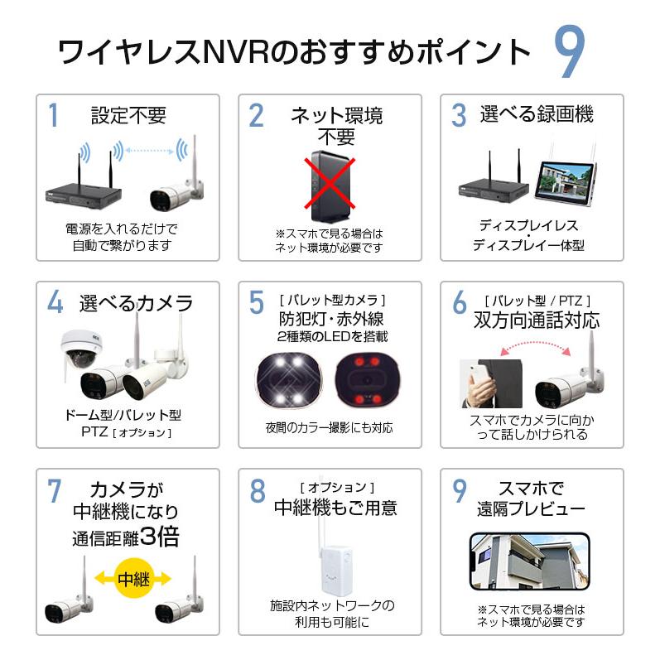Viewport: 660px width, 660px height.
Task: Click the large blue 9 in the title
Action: coord(569,51)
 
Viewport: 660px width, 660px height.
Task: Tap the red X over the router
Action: coord(330,184)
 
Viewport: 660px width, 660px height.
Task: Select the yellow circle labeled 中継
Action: coord(134,578)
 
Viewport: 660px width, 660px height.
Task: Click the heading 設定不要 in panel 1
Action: coord(128,115)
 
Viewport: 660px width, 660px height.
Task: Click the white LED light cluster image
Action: coord(287,380)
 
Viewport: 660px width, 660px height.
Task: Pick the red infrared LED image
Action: coord(368,380)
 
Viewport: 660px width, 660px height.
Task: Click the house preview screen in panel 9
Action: coord(529,561)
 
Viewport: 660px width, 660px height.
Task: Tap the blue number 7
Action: coord(55,490)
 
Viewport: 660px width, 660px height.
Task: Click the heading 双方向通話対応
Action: coord(537,320)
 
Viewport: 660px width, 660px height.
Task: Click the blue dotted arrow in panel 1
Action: coord(150,150)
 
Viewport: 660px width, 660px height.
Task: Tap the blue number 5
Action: coord(257,302)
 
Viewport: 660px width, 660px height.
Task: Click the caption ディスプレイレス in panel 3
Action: coord(528,225)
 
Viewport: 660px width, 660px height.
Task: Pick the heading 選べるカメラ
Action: coord(136,303)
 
